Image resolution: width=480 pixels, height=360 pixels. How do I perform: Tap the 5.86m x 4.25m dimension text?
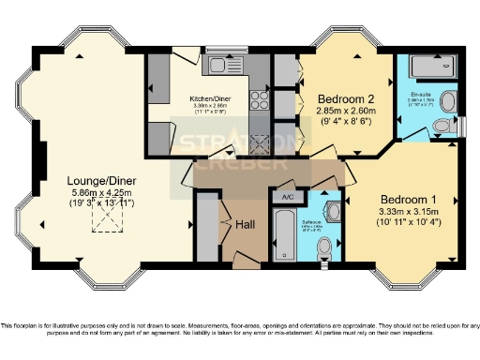coord(92,195)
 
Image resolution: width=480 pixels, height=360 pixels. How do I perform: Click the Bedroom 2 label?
coord(346,98)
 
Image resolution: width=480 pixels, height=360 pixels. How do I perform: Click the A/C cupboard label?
coord(288,197)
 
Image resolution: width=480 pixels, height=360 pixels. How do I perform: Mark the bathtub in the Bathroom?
coord(282,234)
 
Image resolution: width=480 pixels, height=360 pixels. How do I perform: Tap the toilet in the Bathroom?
coord(324,246)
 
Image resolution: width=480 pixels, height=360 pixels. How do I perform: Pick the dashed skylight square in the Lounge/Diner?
coord(105,219)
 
